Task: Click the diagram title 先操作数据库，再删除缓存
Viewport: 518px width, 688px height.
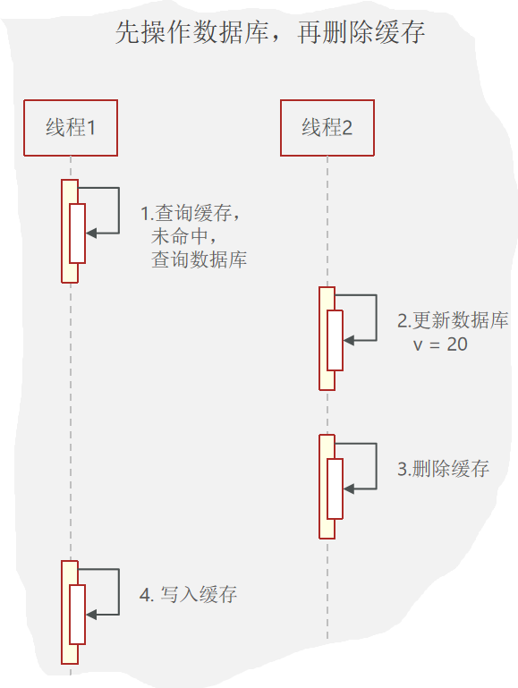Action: (270, 34)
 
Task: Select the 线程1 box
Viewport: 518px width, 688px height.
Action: (71, 128)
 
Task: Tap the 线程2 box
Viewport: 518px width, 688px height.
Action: (327, 128)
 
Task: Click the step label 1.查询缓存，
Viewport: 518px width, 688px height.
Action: (193, 214)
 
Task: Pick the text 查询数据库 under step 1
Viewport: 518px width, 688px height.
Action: (200, 260)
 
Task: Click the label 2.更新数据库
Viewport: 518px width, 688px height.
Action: (453, 321)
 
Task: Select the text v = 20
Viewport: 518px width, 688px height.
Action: (440, 344)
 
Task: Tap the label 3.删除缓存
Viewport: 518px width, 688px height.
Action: (444, 469)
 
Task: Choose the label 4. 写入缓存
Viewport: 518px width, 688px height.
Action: (189, 594)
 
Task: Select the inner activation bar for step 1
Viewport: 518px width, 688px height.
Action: (77, 234)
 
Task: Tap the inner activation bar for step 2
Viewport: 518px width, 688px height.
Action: (335, 340)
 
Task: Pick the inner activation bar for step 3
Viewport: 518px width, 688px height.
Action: (335, 488)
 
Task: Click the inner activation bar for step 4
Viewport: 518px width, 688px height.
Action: (77, 615)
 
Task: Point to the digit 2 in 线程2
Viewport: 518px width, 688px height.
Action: (347, 128)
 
